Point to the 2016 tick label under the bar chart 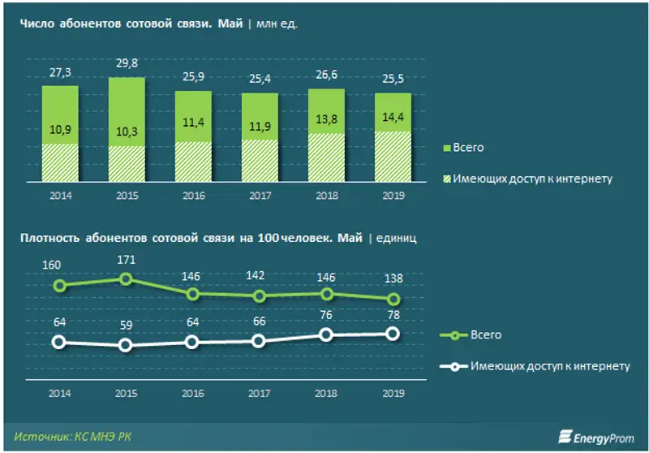pyautogui.click(x=192, y=195)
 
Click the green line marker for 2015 pyautogui.click(x=126, y=278)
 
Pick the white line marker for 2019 pyautogui.click(x=393, y=334)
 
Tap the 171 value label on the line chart pyautogui.click(x=126, y=260)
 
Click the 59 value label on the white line pyautogui.click(x=126, y=326)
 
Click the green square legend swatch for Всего pyautogui.click(x=447, y=149)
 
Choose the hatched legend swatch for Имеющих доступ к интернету pyautogui.click(x=447, y=179)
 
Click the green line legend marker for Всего pyautogui.click(x=454, y=335)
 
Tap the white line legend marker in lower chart pyautogui.click(x=454, y=366)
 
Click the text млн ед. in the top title pyautogui.click(x=277, y=24)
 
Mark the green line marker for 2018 pyautogui.click(x=326, y=294)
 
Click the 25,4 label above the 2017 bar pyautogui.click(x=259, y=80)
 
